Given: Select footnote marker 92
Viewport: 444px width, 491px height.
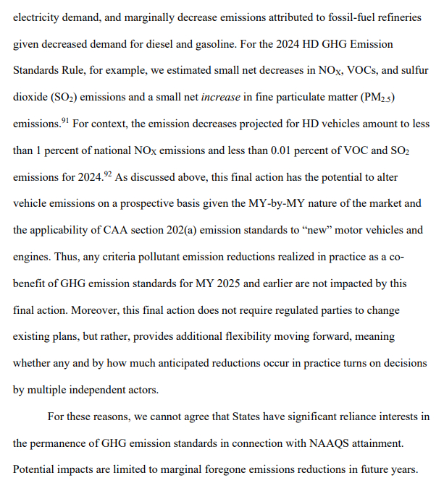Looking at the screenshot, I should tap(106, 174).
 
